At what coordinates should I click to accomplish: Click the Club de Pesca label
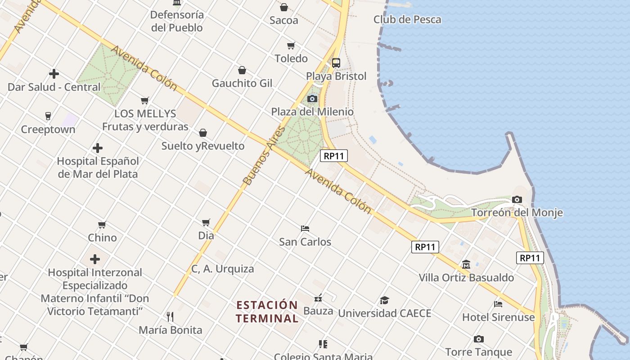407,19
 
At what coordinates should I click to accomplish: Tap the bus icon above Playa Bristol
336,63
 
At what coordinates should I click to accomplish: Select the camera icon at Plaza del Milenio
312,99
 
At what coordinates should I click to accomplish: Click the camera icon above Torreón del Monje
517,199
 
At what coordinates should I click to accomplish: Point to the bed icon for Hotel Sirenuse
498,304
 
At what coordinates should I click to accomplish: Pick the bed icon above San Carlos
305,229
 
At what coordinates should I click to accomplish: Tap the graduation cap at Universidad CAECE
384,300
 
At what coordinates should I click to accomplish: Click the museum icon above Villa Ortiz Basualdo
466,265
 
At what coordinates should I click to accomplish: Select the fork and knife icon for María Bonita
170,317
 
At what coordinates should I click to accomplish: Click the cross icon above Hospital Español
97,148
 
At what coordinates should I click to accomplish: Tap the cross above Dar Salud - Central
54,74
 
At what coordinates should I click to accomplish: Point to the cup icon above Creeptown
48,116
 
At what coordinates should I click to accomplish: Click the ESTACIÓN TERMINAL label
267,311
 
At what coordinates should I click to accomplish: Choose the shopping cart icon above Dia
206,222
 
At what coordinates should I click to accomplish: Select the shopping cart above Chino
102,225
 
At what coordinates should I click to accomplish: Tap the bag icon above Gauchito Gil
242,70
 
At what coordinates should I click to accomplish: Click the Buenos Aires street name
264,156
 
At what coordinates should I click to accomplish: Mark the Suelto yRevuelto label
203,146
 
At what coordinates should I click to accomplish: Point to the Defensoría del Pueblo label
177,21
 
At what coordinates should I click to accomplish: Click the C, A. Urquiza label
223,269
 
